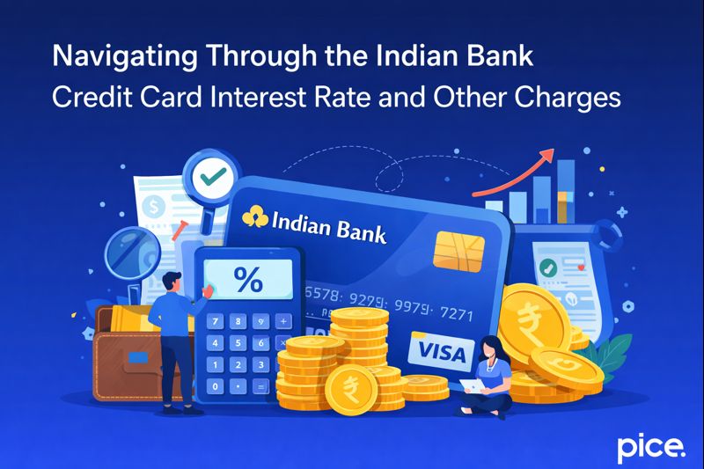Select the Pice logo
coord(649,447)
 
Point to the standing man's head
coord(175,283)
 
